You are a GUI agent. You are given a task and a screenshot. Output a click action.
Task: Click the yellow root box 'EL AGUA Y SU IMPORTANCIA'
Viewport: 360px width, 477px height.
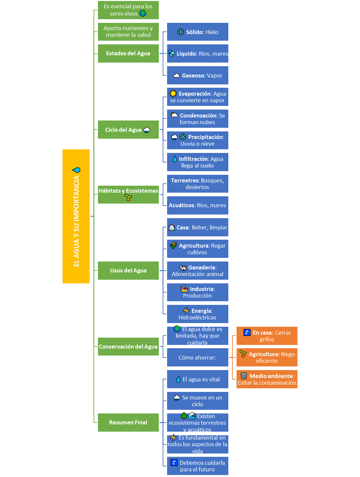point(76,216)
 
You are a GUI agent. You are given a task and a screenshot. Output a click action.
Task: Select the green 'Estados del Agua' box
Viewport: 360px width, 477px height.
point(128,53)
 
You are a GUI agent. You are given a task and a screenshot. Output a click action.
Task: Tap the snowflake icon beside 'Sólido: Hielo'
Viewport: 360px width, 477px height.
point(181,32)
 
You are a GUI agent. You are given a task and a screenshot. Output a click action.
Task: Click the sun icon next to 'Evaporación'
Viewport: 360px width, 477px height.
point(173,93)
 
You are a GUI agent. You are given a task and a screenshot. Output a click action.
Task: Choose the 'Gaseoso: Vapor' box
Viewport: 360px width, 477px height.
point(198,75)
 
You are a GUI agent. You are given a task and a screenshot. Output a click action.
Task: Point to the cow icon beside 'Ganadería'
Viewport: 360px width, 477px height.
point(183,268)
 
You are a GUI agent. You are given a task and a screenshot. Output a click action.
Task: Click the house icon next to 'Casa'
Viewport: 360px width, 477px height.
point(171,227)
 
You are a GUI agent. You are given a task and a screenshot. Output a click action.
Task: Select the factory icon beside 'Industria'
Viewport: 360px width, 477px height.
point(184,289)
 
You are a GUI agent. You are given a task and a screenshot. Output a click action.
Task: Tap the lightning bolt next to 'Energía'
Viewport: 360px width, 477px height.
point(186,310)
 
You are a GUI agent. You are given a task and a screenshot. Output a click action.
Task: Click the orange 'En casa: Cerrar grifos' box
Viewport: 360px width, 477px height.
point(267,336)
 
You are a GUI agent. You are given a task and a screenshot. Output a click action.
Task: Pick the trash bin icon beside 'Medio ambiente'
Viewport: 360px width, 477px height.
point(244,376)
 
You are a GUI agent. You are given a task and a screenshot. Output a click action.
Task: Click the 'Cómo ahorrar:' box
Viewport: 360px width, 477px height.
point(198,358)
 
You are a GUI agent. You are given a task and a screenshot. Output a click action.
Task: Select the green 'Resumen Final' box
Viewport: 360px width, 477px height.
point(128,422)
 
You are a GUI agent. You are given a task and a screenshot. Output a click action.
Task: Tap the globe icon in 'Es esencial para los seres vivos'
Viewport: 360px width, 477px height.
point(143,14)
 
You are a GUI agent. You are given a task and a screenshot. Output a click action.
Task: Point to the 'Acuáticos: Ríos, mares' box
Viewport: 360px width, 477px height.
point(198,205)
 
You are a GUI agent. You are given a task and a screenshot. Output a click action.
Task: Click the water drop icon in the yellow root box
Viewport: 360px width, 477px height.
point(76,170)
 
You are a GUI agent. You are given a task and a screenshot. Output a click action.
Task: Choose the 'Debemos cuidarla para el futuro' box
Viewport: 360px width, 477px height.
point(198,466)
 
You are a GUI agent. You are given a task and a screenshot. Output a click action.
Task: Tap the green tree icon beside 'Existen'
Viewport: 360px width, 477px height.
point(184,416)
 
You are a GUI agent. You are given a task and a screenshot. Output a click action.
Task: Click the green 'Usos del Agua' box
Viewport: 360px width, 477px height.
point(128,270)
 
